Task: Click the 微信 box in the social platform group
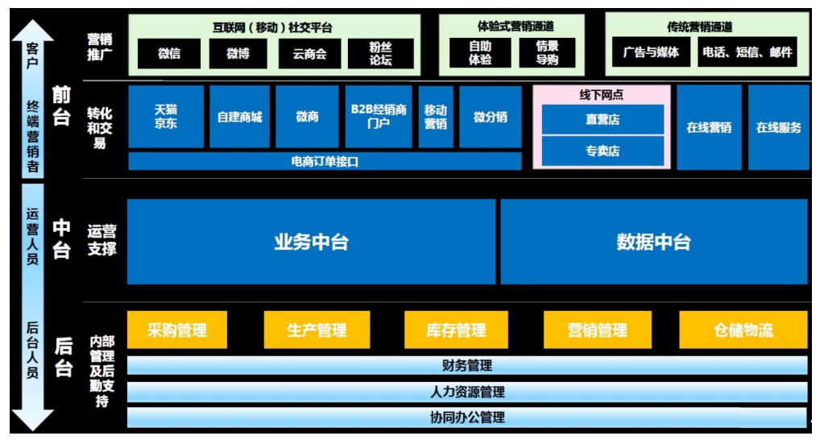pyautogui.click(x=169, y=53)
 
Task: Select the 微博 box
pyautogui.click(x=238, y=53)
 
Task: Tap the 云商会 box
pyautogui.click(x=309, y=53)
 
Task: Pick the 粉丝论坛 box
pyautogui.click(x=380, y=53)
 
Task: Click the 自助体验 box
pyautogui.click(x=480, y=53)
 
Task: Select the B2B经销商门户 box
pyautogui.click(x=378, y=117)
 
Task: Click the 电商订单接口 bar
pyautogui.click(x=325, y=161)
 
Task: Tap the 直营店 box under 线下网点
pyautogui.click(x=602, y=120)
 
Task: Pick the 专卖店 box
pyautogui.click(x=602, y=151)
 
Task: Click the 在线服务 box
pyautogui.click(x=778, y=127)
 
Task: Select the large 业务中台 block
pyautogui.click(x=311, y=242)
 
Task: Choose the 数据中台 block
pyautogui.click(x=653, y=242)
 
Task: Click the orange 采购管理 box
pyautogui.click(x=176, y=330)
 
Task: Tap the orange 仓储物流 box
pyautogui.click(x=743, y=330)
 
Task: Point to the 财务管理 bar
pyautogui.click(x=467, y=366)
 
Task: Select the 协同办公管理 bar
pyautogui.click(x=467, y=417)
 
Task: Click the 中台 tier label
pyautogui.click(x=62, y=239)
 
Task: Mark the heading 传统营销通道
pyautogui.click(x=699, y=27)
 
